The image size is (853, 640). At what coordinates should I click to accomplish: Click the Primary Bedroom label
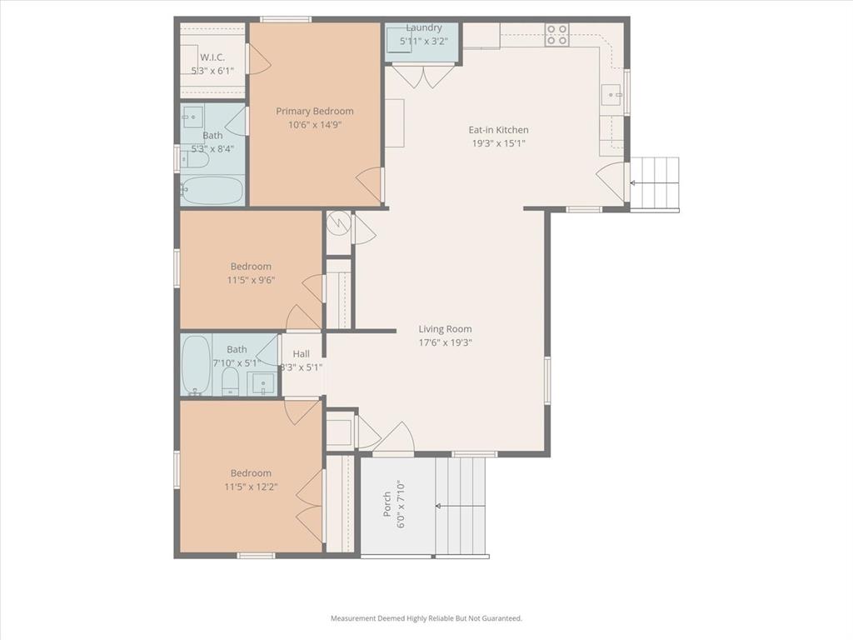point(315,112)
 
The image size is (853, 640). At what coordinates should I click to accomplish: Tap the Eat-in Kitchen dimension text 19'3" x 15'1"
point(498,143)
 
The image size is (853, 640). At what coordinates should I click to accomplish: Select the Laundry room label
point(424,27)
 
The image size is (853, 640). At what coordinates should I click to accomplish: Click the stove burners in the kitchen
point(556,34)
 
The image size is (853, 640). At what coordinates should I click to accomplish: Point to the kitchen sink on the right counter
point(613,96)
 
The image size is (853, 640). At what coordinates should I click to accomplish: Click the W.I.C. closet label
point(212,57)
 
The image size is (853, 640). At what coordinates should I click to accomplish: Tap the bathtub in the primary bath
point(212,190)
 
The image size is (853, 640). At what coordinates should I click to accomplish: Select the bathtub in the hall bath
point(196,364)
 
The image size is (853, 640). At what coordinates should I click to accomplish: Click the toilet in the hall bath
point(230,382)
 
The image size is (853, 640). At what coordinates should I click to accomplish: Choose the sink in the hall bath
point(262,384)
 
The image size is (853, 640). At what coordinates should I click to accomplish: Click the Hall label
point(301,354)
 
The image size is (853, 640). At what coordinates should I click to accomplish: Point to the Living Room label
point(445,329)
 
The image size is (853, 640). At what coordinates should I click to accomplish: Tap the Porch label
point(387,504)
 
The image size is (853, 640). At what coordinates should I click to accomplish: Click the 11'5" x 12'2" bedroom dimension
point(251,487)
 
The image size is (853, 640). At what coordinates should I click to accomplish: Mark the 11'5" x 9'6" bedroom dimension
point(251,280)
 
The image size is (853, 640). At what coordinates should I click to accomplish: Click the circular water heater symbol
point(338,223)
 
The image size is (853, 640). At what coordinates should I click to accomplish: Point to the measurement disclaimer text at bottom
point(426,618)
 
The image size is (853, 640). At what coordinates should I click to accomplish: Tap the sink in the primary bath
point(193,115)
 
